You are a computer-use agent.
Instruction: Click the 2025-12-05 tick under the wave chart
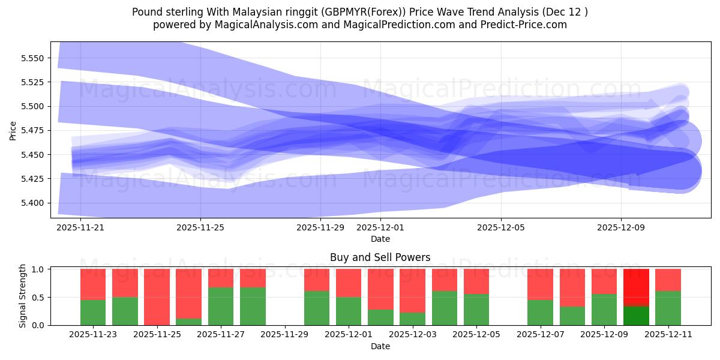(x=501, y=227)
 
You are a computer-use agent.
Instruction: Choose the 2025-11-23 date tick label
(x=93, y=335)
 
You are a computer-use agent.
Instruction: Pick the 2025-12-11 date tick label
(x=668, y=335)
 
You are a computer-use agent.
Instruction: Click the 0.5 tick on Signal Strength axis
(x=39, y=298)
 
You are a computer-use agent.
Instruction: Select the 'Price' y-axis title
(x=13, y=130)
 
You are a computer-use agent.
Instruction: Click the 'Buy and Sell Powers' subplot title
(x=380, y=257)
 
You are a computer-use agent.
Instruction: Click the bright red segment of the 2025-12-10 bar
(x=636, y=287)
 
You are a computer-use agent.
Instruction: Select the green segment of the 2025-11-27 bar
(x=221, y=306)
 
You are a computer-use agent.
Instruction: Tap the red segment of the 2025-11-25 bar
(x=157, y=296)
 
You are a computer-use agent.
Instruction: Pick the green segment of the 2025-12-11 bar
(x=668, y=308)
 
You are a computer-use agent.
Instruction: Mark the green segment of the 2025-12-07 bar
(x=540, y=312)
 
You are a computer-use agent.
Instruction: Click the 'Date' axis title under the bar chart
(x=380, y=346)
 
